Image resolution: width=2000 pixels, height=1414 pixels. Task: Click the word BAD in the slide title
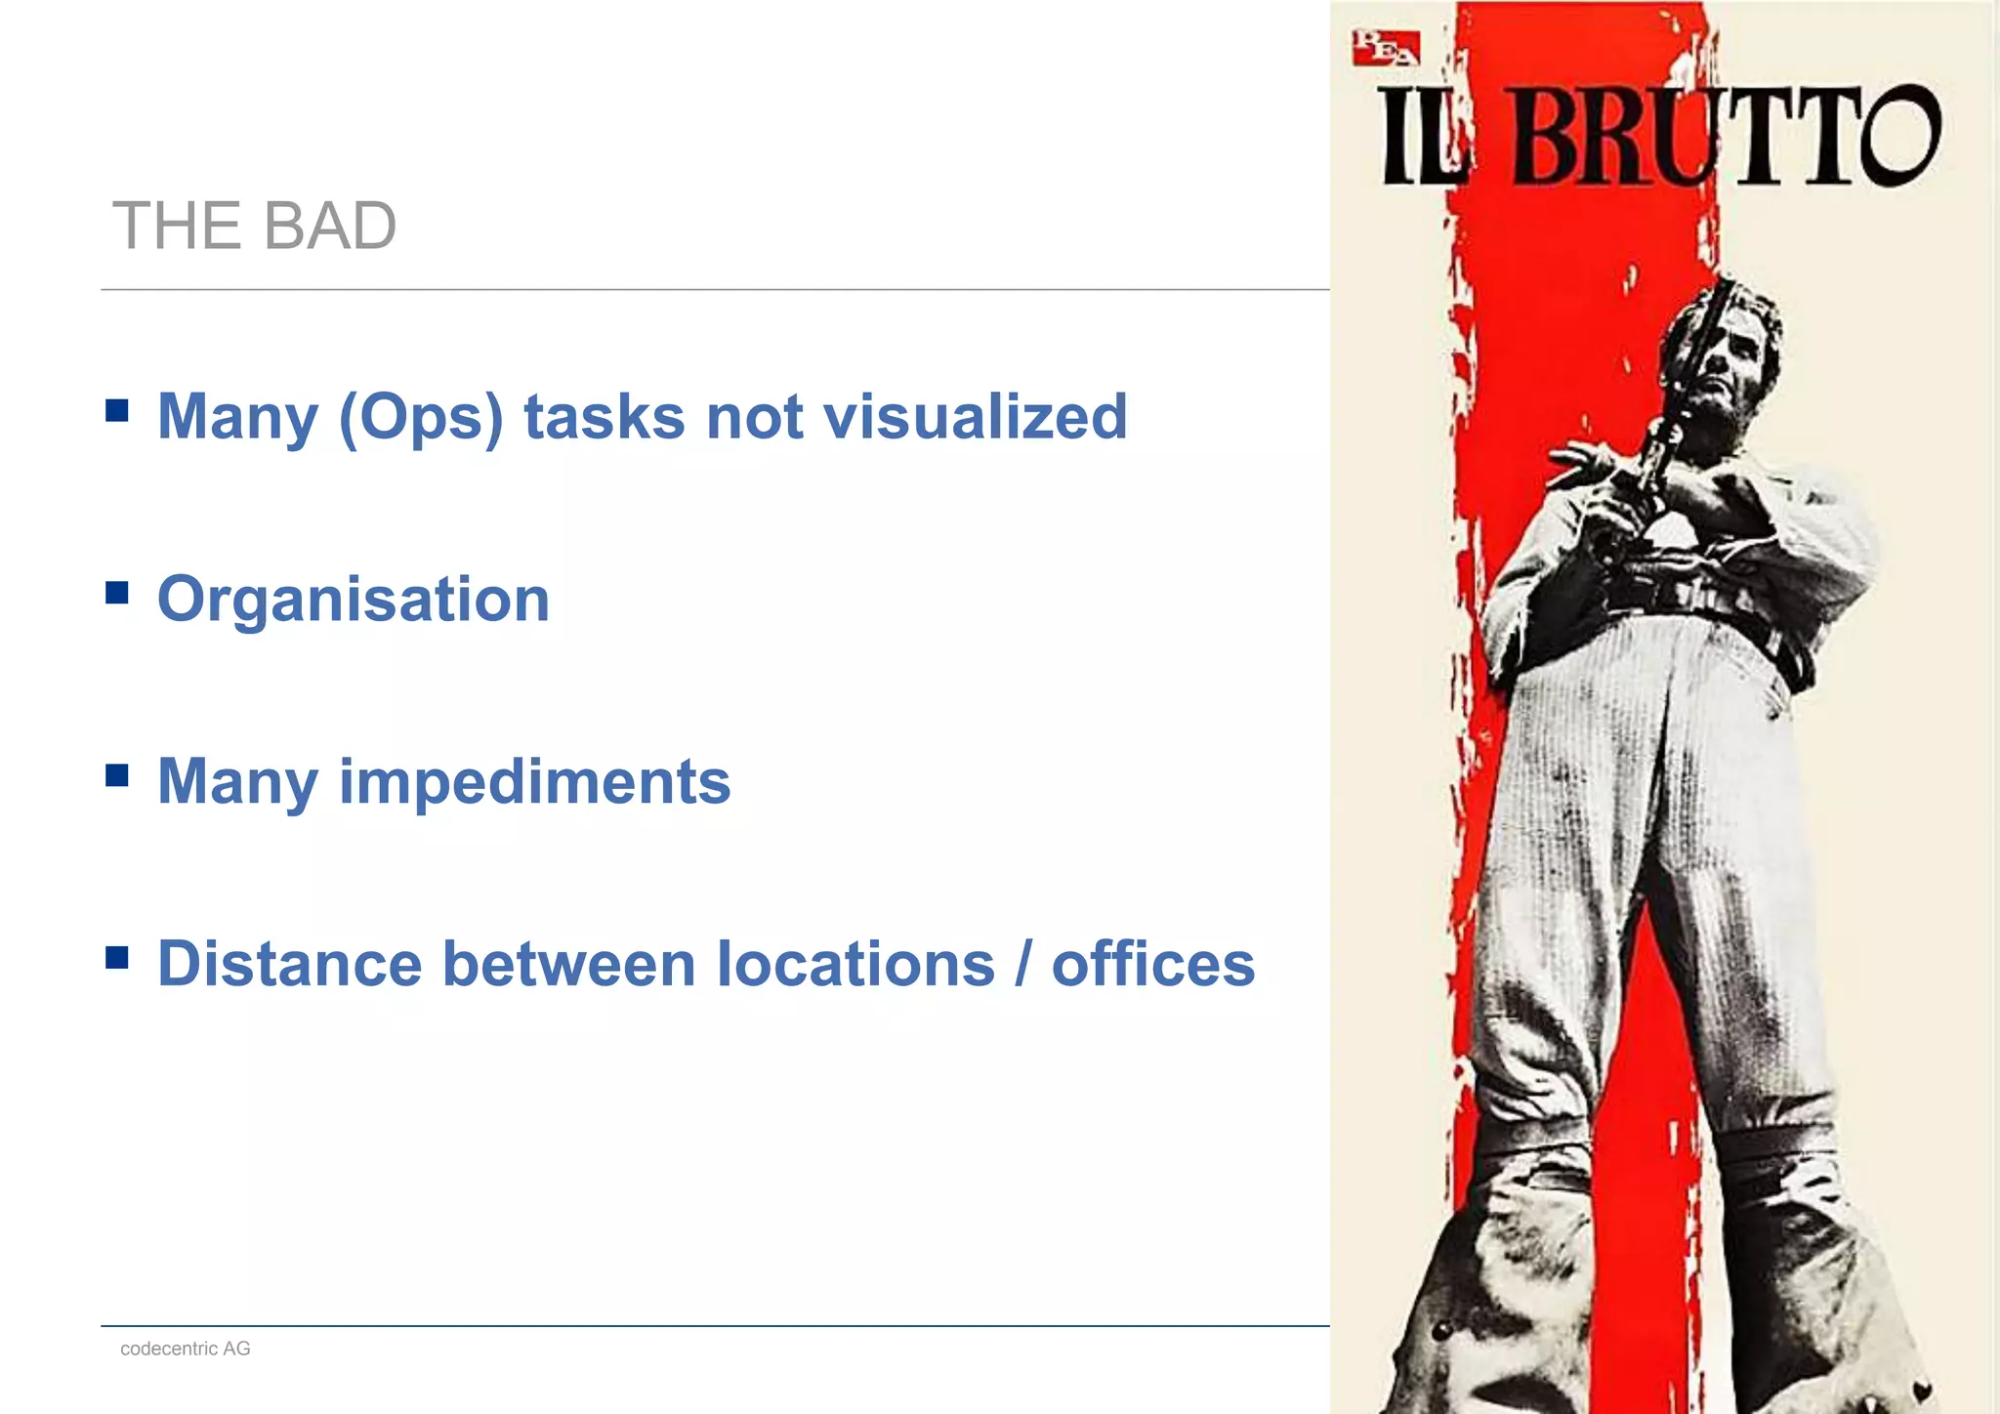[330, 227]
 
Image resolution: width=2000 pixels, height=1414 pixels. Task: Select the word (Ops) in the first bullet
[421, 418]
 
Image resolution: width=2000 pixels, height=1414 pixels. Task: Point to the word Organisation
[354, 600]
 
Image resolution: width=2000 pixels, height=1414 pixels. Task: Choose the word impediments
[534, 782]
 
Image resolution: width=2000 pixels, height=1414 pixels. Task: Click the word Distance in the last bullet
[290, 965]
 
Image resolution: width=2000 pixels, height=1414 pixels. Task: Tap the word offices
[1152, 965]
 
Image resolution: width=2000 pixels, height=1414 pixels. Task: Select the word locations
[855, 965]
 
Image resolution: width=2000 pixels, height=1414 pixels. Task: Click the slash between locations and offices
[1022, 965]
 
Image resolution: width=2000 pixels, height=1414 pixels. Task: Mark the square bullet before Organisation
[117, 592]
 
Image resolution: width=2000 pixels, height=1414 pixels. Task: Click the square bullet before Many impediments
[117, 774]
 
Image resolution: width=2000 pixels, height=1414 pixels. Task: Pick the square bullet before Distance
[117, 957]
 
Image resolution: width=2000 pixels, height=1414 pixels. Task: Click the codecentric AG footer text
[186, 1349]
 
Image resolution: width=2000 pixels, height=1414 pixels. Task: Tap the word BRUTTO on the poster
[1725, 137]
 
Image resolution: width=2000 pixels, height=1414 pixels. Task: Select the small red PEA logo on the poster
[1384, 47]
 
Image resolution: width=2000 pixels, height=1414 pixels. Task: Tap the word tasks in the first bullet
[604, 417]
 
